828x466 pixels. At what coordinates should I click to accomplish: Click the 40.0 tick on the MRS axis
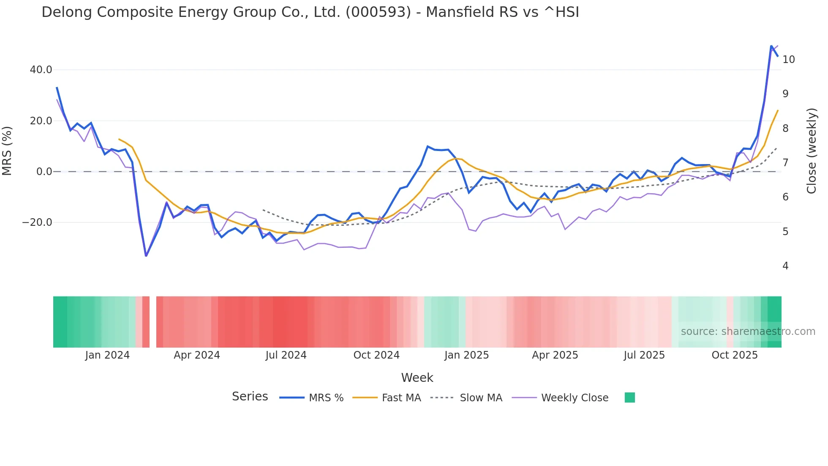[41, 70]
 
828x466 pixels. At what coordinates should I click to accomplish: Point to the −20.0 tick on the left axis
[37, 222]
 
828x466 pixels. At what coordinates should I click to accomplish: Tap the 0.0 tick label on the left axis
[44, 172]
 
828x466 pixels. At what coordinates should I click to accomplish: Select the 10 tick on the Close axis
[788, 60]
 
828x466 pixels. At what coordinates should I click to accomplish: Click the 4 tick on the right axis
[785, 266]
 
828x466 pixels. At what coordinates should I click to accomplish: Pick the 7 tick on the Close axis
[785, 163]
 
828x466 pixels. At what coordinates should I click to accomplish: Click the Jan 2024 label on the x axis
[107, 355]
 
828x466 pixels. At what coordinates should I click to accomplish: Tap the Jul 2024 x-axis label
[286, 355]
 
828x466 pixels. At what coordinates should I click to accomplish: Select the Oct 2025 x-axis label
[735, 355]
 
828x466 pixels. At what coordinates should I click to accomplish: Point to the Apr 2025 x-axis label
[555, 355]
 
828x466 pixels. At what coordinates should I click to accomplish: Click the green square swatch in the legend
[629, 397]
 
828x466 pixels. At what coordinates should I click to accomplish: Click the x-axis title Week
[417, 378]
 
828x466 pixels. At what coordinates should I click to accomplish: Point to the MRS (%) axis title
[7, 151]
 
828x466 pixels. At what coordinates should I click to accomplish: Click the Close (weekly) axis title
[811, 151]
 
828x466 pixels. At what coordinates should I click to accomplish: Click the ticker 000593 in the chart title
[378, 12]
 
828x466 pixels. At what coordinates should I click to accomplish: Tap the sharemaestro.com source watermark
[748, 332]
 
